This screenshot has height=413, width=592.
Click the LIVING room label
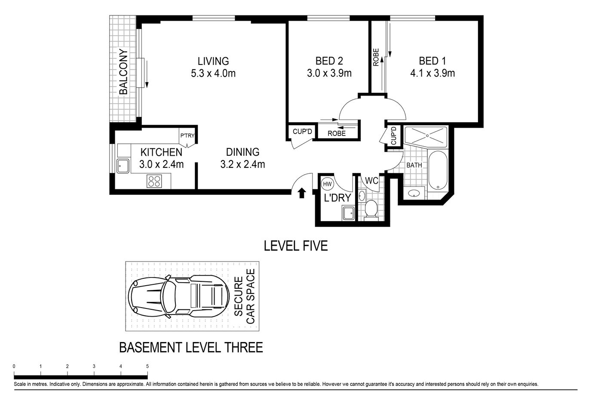point(213,61)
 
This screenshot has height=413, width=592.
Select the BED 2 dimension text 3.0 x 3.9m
point(329,73)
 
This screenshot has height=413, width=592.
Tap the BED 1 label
point(432,61)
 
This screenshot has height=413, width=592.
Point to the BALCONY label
point(123,72)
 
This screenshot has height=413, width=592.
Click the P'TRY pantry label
point(187,136)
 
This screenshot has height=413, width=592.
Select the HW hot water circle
point(327,184)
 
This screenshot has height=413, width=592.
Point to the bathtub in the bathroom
point(438,170)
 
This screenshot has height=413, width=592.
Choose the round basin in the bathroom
point(414,194)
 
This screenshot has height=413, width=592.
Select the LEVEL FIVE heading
point(295,246)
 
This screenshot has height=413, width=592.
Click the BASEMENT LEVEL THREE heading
point(190,347)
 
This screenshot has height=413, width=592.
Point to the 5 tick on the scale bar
point(147,366)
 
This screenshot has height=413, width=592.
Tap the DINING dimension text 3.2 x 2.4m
point(242,164)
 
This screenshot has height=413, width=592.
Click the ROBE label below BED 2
point(336,133)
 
